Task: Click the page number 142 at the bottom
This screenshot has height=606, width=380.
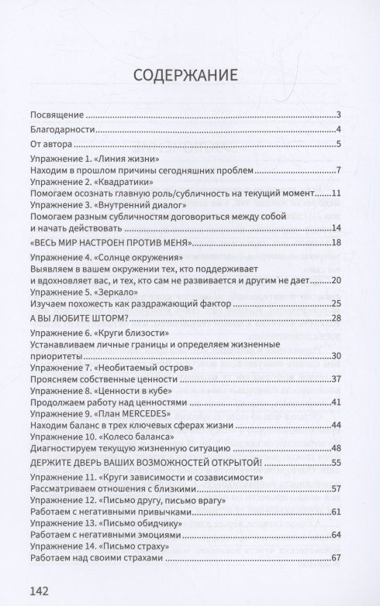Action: click(x=36, y=591)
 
